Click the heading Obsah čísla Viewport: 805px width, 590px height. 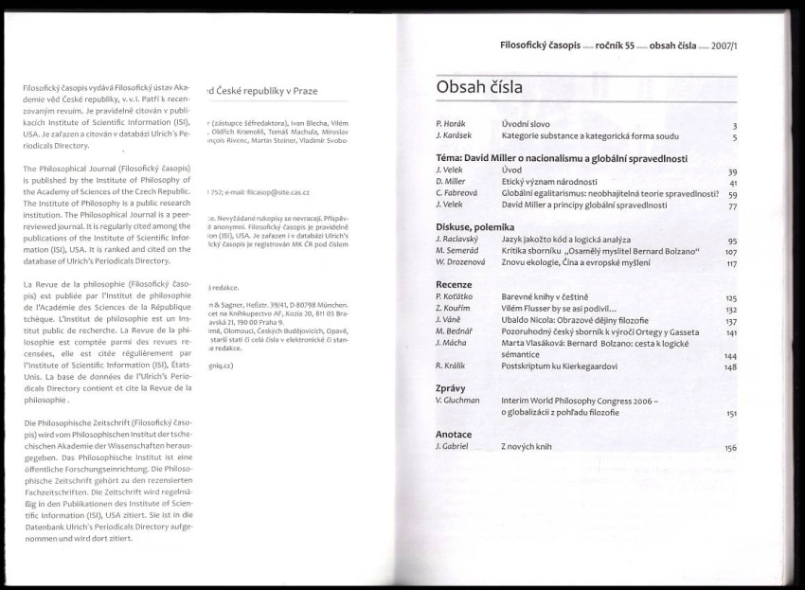[479, 88]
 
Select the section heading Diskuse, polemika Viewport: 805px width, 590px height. [474, 227]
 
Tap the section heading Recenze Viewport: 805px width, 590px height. [454, 284]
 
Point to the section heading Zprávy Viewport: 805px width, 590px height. [451, 388]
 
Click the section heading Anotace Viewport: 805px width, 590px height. [454, 433]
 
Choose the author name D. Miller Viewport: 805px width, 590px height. [451, 181]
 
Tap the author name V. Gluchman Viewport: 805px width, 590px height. [456, 401]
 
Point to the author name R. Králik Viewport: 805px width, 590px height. [451, 366]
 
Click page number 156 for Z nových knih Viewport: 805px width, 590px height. [730, 447]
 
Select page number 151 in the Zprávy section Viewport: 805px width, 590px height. [730, 414]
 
